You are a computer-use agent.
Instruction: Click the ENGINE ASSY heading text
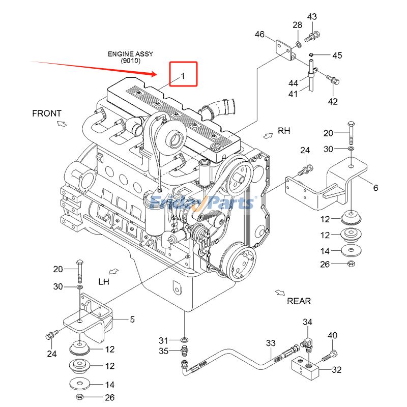coord(130,53)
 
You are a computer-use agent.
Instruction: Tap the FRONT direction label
coord(47,113)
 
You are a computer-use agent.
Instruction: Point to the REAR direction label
coord(299,301)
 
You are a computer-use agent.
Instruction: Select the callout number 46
coord(259,35)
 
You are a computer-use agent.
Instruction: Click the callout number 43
coord(312,17)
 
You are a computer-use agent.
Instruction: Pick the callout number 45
coord(337,55)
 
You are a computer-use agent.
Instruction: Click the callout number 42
coord(332,101)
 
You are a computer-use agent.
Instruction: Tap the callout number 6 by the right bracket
coord(375,188)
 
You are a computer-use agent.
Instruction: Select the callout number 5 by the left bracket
coord(132,319)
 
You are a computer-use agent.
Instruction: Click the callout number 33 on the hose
coord(270,343)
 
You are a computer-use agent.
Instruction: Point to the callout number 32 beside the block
coord(336,370)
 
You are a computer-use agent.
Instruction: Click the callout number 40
coord(332,335)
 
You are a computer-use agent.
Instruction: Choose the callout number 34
coord(307,322)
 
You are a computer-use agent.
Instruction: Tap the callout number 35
coord(163,351)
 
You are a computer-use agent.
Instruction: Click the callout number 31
coord(163,340)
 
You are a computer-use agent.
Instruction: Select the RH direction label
coord(284,131)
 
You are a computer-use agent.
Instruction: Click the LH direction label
coord(104,281)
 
